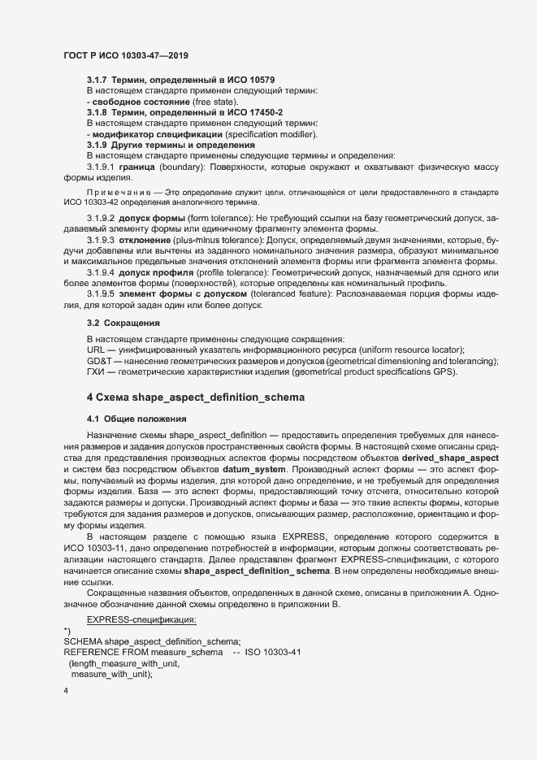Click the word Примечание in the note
115,192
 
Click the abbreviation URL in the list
95,349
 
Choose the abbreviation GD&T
98,360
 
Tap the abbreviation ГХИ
95,371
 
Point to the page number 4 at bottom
66,691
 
